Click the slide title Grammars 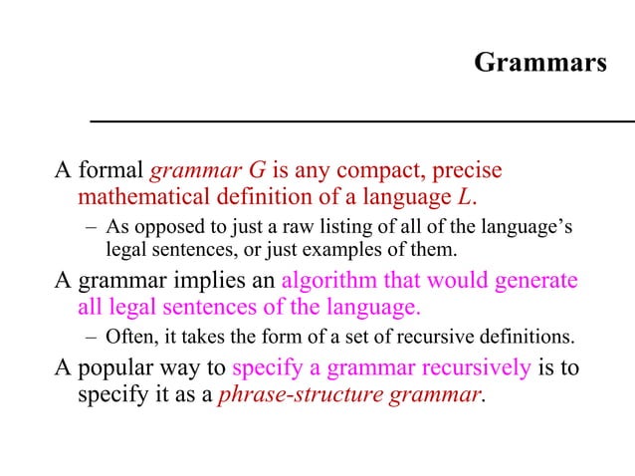539,64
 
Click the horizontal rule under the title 362,120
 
